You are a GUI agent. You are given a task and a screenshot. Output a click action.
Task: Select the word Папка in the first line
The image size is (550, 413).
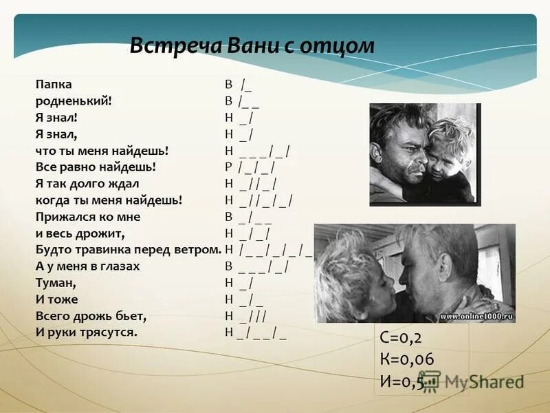(54, 85)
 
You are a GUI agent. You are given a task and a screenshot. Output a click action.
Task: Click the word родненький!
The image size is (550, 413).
(74, 100)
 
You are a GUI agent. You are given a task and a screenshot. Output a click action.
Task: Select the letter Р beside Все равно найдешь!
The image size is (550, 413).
(228, 167)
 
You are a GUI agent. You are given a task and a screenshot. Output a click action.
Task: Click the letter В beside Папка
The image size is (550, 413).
(228, 85)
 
